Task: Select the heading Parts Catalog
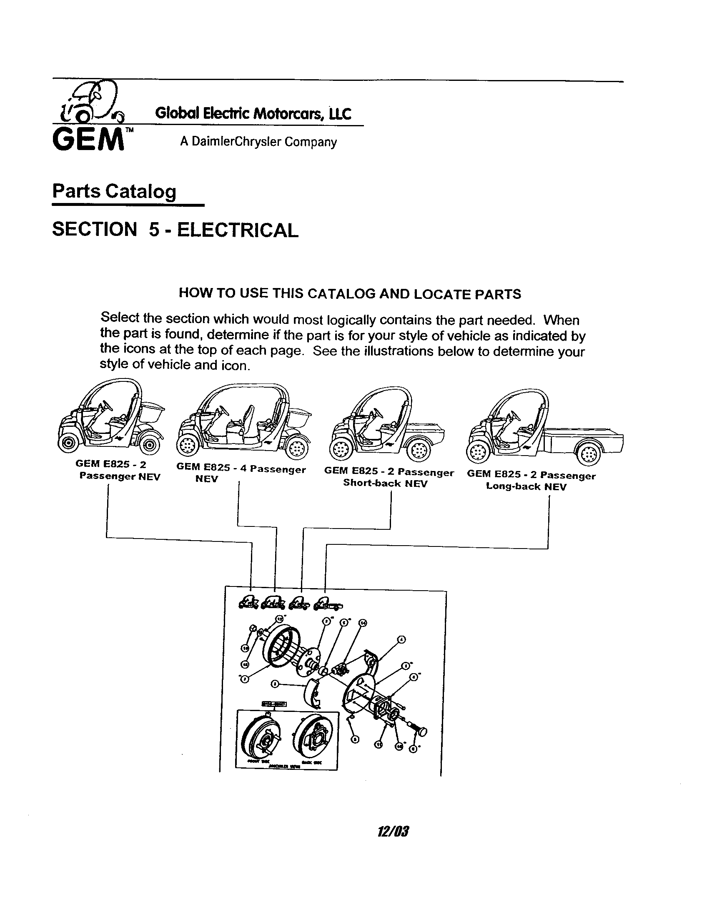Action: click(x=114, y=191)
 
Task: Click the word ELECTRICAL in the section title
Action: click(x=237, y=230)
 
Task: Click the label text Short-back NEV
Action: click(x=385, y=483)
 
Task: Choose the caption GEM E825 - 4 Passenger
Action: click(x=241, y=469)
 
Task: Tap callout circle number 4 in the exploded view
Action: click(x=402, y=639)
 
